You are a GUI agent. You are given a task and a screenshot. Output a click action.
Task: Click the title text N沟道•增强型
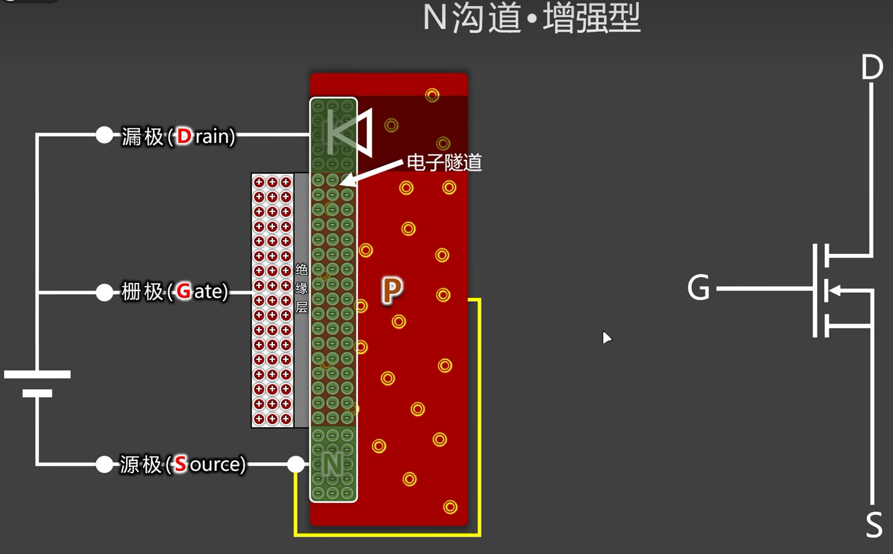(x=531, y=18)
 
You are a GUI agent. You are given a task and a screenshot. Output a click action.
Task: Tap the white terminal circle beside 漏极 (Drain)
(x=104, y=135)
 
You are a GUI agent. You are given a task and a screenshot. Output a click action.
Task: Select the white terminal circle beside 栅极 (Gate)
(x=104, y=292)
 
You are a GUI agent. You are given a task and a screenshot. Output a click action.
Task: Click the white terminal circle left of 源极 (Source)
(x=104, y=464)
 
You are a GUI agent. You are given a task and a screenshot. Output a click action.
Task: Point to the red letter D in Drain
(x=184, y=136)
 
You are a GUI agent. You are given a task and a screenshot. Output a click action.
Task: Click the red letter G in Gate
(x=184, y=291)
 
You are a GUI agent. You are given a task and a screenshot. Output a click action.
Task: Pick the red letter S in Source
(x=180, y=464)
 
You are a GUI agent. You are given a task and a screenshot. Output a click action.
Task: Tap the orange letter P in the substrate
(x=392, y=290)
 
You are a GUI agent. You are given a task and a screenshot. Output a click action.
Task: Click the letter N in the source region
(x=333, y=464)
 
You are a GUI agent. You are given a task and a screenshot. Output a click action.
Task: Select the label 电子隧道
(x=444, y=163)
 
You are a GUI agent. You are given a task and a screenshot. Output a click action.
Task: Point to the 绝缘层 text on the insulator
(x=301, y=288)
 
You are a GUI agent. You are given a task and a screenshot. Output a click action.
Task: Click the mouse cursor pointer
(x=606, y=337)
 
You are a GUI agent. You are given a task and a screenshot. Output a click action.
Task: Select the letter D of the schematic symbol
(x=871, y=67)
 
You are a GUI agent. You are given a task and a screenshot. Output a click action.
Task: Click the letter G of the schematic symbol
(x=698, y=288)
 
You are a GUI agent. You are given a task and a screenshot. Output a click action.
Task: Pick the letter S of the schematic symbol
(x=874, y=525)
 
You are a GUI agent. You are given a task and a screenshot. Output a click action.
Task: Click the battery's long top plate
(x=37, y=374)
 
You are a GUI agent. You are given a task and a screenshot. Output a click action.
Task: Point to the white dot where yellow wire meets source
(x=296, y=464)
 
